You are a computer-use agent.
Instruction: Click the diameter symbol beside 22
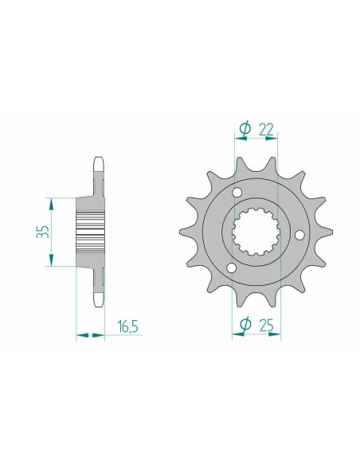(244, 127)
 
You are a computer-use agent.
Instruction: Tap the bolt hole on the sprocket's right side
(298, 235)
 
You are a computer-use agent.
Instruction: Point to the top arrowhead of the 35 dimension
(52, 201)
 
